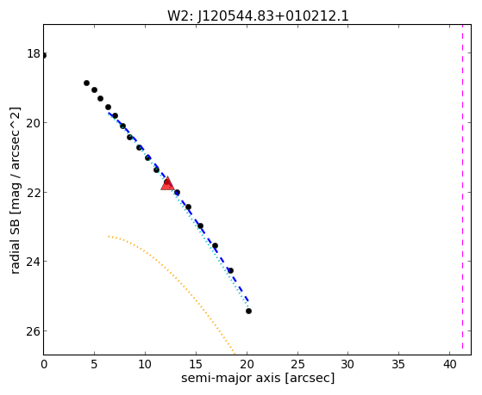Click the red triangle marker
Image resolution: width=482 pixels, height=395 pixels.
(167, 183)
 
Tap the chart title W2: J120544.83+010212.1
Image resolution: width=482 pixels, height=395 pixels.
(258, 16)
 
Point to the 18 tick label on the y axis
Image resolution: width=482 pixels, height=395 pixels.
(34, 53)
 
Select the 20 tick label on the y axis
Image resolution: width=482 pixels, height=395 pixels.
(34, 123)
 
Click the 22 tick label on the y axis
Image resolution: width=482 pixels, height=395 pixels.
(34, 193)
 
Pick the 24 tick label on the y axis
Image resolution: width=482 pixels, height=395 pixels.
(34, 262)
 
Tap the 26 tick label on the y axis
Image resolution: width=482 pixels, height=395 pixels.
(34, 331)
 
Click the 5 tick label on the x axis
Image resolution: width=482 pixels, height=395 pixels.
(94, 365)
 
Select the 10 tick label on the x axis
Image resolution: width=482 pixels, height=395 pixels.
(145, 365)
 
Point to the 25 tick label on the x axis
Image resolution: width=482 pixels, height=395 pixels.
(297, 365)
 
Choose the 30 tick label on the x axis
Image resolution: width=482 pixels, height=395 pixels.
(348, 365)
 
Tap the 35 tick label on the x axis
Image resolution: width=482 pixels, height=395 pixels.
(399, 365)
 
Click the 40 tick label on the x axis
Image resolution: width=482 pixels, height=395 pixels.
(450, 365)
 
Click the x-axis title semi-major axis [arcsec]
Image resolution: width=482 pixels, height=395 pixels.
(258, 378)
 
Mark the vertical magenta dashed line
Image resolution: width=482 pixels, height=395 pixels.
(462, 189)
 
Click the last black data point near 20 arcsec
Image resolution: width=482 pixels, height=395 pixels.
(248, 312)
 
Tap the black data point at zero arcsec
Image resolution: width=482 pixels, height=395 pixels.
(44, 56)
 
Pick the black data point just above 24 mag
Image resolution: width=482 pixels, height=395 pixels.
(230, 271)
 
